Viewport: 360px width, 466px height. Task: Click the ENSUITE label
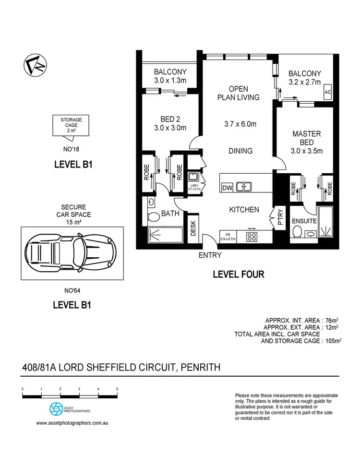(304, 221)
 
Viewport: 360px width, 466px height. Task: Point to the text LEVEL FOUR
(239, 275)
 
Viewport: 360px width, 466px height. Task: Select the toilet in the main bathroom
(154, 217)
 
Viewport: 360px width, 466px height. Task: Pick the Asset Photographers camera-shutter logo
(56, 408)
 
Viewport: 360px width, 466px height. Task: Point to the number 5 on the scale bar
(117, 389)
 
